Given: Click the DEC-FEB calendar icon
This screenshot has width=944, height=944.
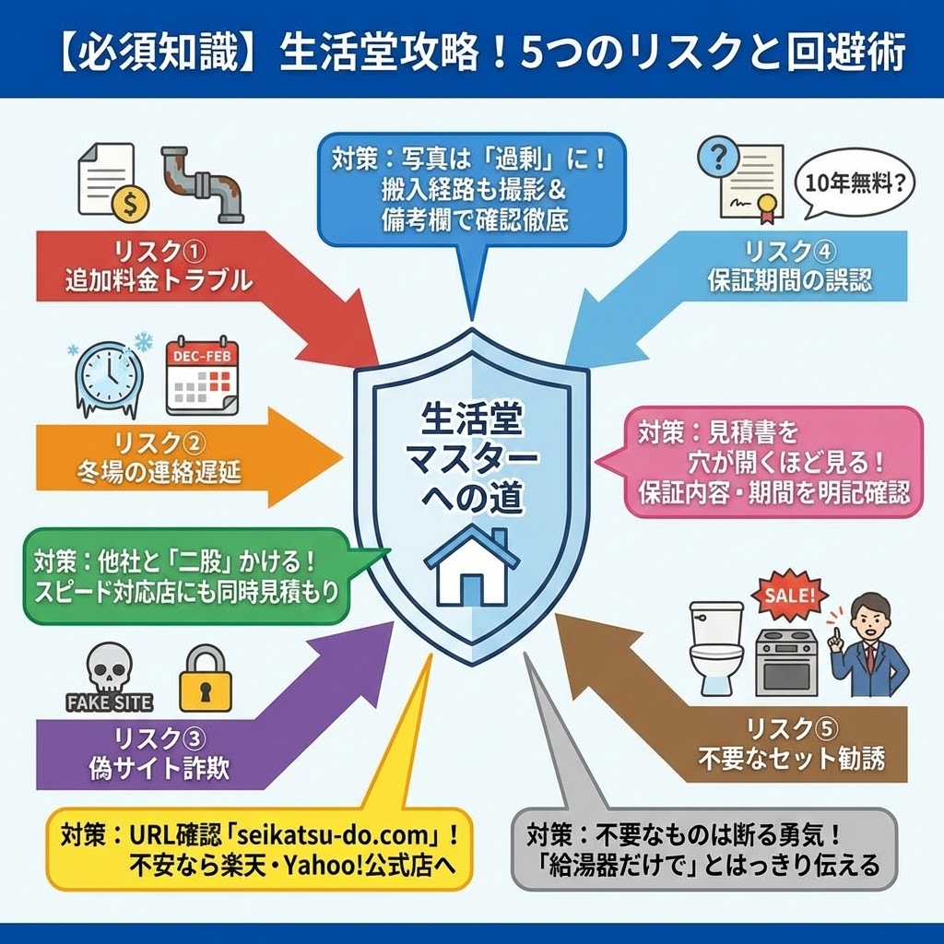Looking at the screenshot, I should [201, 376].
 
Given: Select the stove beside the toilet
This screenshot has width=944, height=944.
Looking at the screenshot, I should [784, 660].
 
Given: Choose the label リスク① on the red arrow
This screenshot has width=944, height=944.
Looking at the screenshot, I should [157, 251].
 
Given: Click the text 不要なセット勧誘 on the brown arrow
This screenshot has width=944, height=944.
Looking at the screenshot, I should [791, 759].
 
